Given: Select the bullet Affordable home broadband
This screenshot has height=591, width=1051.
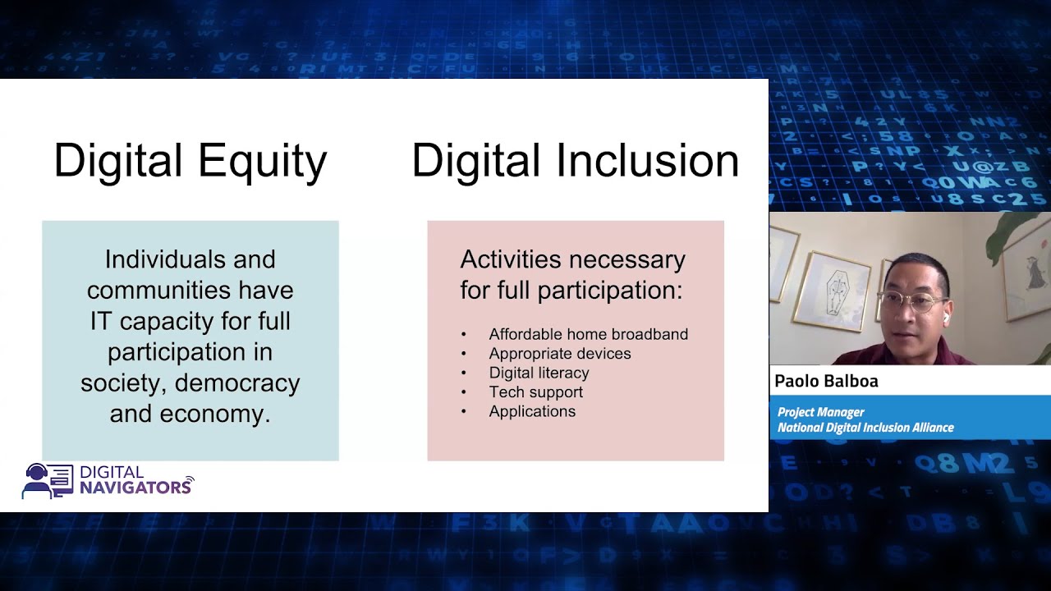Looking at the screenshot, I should coord(588,334).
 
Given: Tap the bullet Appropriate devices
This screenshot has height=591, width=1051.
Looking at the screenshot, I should coord(560,354).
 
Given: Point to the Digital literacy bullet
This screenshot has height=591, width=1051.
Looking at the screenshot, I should coord(539,373).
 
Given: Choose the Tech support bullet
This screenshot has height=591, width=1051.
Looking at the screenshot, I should coord(535,392).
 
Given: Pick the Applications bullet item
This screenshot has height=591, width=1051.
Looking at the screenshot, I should coord(532,411).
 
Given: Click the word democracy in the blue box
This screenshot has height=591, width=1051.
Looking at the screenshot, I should coord(237,383).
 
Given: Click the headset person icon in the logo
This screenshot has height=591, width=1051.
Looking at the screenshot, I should coord(37,481).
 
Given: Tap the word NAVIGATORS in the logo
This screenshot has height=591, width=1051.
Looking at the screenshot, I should coord(135,488).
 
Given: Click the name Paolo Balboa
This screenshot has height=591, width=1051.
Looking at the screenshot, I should coord(826,381).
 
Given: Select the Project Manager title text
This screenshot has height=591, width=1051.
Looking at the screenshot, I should coord(820,412).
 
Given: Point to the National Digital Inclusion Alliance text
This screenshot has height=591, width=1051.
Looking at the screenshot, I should coord(865,428).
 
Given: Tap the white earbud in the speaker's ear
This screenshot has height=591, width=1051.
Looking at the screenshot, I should coord(945,315).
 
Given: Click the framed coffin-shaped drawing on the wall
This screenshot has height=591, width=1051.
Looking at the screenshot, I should coord(835,290).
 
